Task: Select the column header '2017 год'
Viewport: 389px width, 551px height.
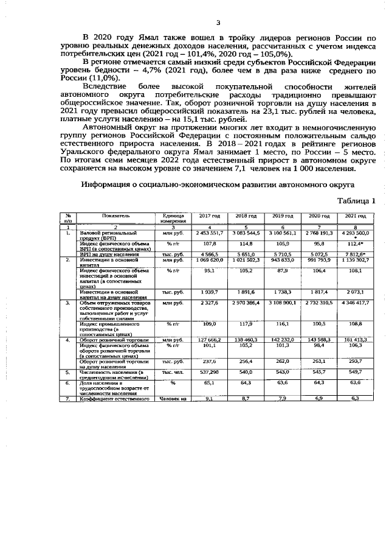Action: tap(209, 233)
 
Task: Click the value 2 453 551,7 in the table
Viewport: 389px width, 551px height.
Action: tap(209, 250)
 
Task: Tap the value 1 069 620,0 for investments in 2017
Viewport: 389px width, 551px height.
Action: tap(209, 276)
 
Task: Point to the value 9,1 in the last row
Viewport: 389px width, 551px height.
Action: tap(209, 398)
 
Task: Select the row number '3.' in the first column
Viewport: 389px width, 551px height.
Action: tap(69, 303)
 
